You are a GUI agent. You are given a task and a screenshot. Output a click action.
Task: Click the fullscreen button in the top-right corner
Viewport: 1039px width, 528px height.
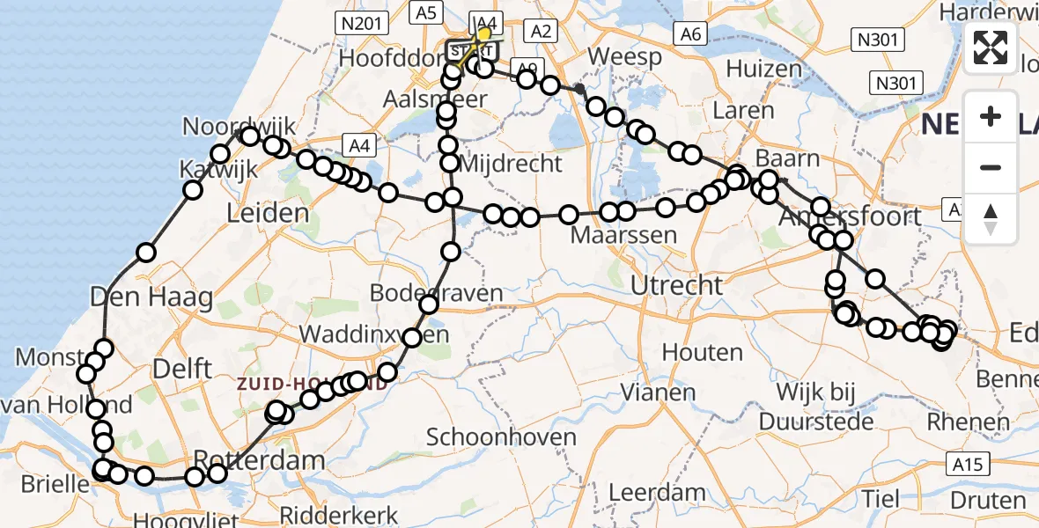[991, 47]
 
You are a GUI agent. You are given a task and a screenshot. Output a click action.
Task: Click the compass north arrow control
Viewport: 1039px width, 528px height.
[991, 219]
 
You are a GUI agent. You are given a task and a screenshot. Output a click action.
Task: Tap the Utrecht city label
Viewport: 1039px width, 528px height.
[677, 285]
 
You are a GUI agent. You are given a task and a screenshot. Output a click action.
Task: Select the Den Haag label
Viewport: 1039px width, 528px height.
[151, 297]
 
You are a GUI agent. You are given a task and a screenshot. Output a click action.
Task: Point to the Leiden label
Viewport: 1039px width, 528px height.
[268, 212]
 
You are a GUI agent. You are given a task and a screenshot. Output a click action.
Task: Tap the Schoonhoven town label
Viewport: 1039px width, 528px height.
[502, 437]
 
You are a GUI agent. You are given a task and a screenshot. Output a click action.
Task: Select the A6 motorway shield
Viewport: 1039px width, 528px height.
[690, 33]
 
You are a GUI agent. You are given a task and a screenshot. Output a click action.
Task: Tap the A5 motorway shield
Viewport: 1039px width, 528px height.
[426, 12]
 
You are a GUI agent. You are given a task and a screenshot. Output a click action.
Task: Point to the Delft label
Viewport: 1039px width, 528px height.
[181, 367]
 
